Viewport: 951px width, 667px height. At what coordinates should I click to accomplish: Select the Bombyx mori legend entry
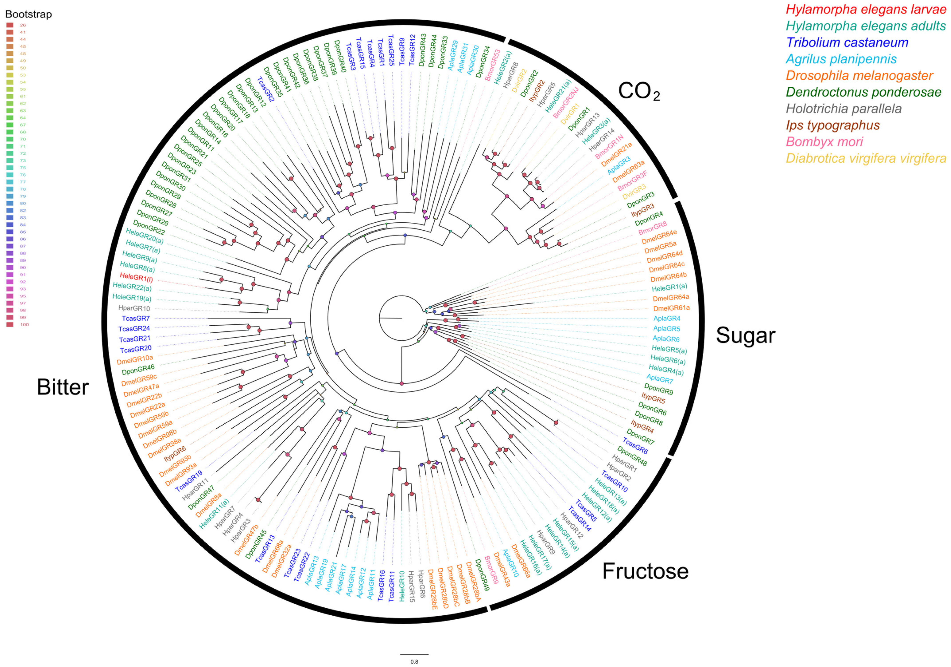[x=824, y=142]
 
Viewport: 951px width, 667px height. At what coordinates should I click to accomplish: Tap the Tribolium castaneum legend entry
[x=847, y=42]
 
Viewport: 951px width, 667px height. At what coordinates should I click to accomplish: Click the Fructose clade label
[x=645, y=571]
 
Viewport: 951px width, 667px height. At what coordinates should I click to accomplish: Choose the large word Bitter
[x=63, y=387]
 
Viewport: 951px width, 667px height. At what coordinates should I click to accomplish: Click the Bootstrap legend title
[x=28, y=14]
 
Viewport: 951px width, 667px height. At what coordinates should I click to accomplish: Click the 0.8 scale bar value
[x=414, y=662]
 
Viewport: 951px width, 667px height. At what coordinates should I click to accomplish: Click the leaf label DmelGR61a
[x=672, y=308]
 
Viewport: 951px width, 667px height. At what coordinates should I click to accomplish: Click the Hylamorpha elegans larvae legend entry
[x=866, y=9]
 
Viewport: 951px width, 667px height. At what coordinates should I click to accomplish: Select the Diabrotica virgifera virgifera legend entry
[x=866, y=158]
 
